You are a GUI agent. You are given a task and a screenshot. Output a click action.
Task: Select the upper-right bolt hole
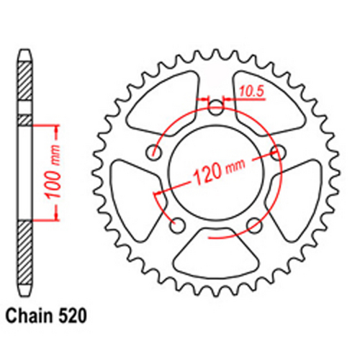point(277,152)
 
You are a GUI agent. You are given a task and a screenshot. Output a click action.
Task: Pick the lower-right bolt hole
point(253,226)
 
